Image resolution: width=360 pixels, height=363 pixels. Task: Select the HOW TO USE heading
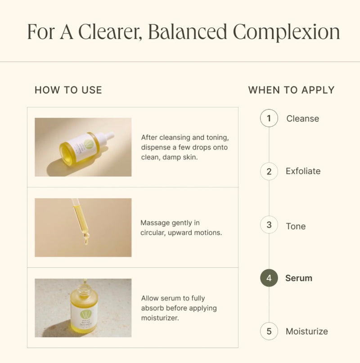tap(68, 90)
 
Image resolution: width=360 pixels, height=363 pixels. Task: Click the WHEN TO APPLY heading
tap(291, 90)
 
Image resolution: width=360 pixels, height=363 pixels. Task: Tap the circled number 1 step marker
tap(269, 119)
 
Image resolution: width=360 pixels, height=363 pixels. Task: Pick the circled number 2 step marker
tap(269, 171)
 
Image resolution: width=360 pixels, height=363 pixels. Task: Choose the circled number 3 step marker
tap(269, 225)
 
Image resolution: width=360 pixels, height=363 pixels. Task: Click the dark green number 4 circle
tap(269, 278)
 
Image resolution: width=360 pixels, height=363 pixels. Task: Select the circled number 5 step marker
tap(269, 332)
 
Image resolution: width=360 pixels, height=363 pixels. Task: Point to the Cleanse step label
tap(302, 119)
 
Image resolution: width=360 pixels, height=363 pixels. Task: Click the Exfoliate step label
tap(303, 171)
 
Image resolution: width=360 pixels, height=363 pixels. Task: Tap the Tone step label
tap(296, 226)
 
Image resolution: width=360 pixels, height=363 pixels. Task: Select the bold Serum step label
tap(299, 278)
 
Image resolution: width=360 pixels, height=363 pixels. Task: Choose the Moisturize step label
tap(307, 332)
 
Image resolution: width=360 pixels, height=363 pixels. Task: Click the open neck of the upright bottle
tap(84, 286)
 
